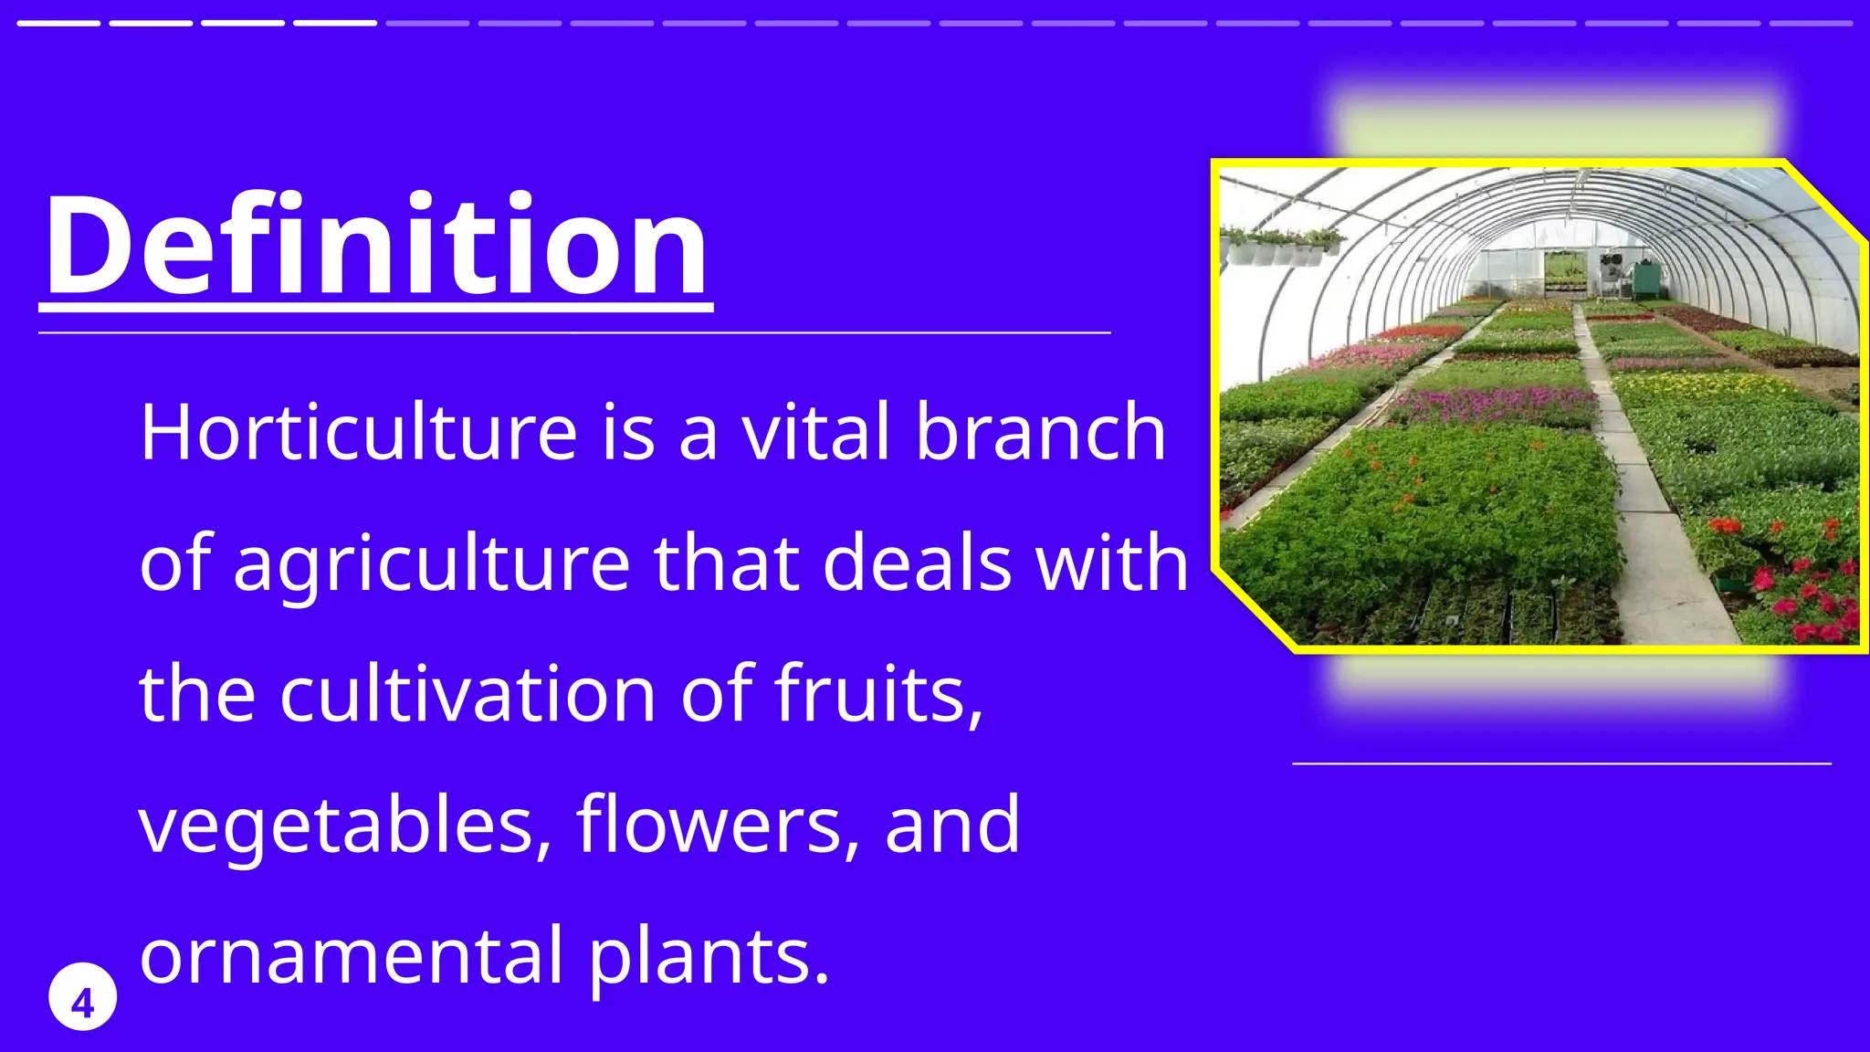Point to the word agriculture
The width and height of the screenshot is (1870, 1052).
(x=431, y=563)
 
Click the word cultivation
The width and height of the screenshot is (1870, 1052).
(x=467, y=694)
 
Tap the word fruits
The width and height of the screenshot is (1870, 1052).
(x=878, y=694)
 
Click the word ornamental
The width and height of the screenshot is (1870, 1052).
(x=352, y=956)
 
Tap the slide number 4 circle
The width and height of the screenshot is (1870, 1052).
(x=82, y=996)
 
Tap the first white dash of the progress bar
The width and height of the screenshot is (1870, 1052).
(x=58, y=23)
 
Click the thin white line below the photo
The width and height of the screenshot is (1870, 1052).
(x=1561, y=763)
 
